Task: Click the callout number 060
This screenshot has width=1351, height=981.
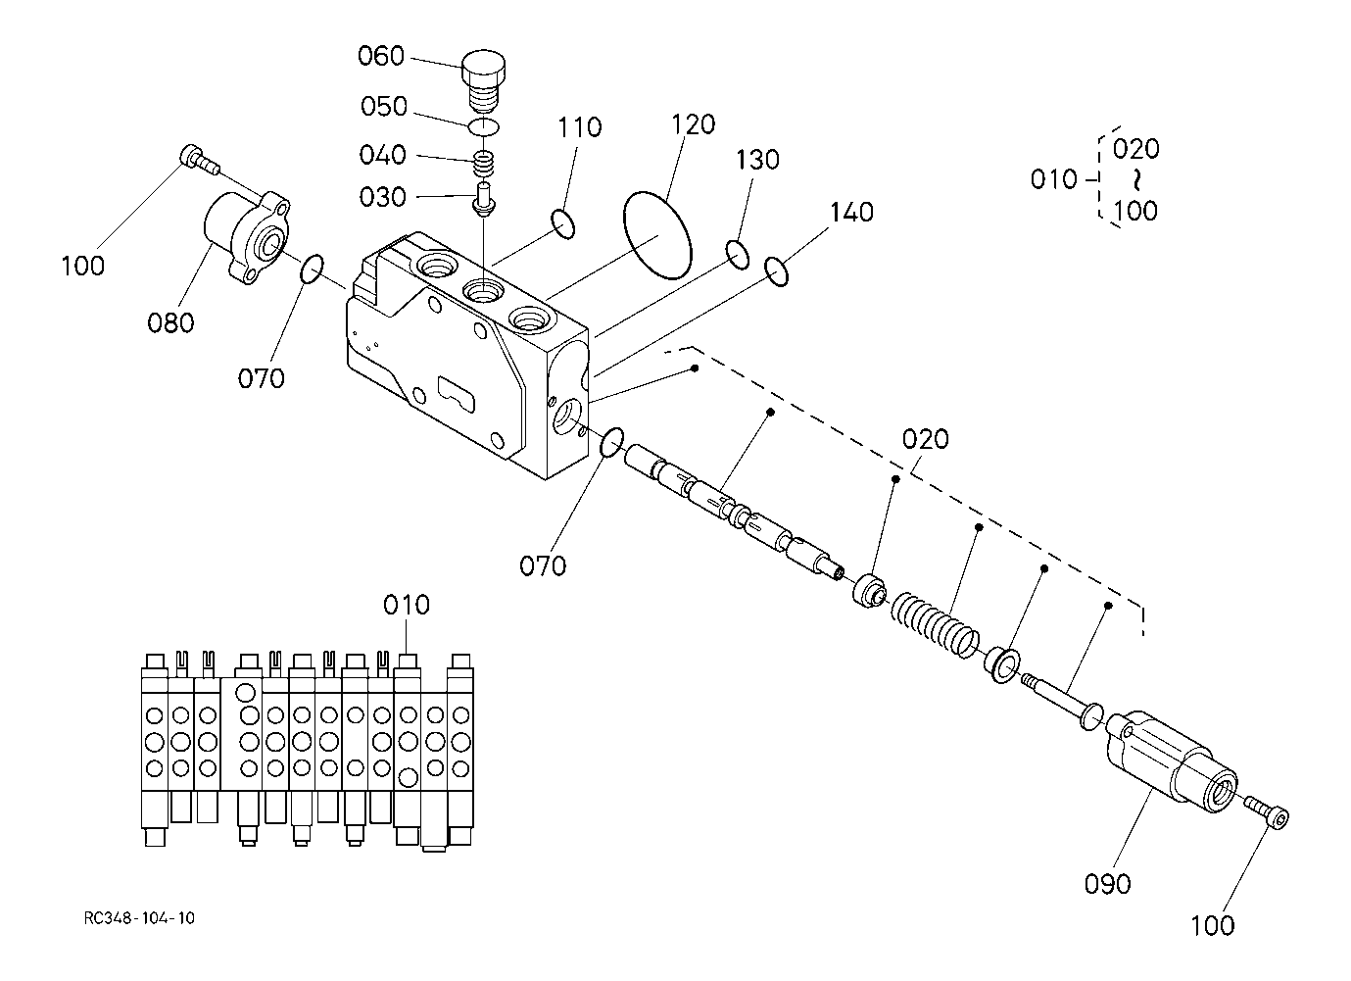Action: click(x=380, y=56)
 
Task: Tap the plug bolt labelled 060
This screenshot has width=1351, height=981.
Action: click(x=483, y=81)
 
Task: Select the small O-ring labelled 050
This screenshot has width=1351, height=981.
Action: click(x=484, y=127)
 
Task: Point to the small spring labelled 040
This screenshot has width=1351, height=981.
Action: click(x=484, y=164)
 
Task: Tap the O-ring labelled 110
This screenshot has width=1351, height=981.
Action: click(x=563, y=223)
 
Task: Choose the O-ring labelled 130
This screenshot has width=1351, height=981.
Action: click(x=738, y=255)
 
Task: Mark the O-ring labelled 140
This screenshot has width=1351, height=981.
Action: click(x=776, y=271)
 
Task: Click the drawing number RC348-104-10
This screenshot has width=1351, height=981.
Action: click(x=139, y=917)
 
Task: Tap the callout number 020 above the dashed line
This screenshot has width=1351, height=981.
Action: click(x=925, y=439)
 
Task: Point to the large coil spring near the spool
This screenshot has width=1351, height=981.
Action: click(x=935, y=625)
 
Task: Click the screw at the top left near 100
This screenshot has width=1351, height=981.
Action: click(x=200, y=159)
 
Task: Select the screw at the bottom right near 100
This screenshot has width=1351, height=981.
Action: click(x=1267, y=813)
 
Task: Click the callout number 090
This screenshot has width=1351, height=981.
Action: click(x=1107, y=884)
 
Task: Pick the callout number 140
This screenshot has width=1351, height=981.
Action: click(x=851, y=213)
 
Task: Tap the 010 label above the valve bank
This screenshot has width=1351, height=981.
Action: click(x=407, y=605)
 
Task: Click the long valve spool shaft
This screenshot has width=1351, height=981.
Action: click(x=734, y=514)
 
